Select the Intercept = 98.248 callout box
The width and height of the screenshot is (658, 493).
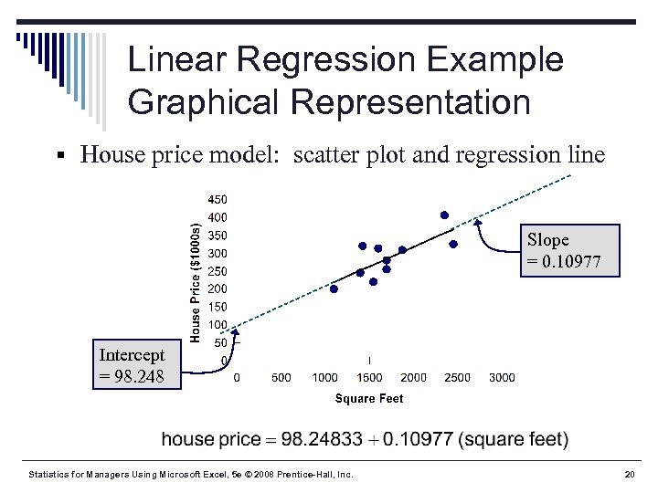[x=133, y=365]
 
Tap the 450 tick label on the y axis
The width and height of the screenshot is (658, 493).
[x=217, y=199]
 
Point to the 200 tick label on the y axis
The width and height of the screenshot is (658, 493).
[x=217, y=288]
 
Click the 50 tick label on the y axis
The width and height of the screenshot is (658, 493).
[x=219, y=342]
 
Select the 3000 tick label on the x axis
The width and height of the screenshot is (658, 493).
[x=502, y=377]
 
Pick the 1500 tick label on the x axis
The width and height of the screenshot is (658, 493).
[x=369, y=377]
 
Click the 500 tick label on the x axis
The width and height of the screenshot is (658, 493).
[x=281, y=377]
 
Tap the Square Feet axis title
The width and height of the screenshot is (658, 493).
[x=369, y=398]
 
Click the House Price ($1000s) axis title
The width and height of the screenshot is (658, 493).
[x=195, y=272]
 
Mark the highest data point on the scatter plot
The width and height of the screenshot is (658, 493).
[x=444, y=215]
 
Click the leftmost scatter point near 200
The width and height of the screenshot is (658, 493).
[x=334, y=289]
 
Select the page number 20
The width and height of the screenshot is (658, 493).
[x=629, y=475]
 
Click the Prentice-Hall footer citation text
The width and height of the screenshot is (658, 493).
[x=191, y=475]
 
